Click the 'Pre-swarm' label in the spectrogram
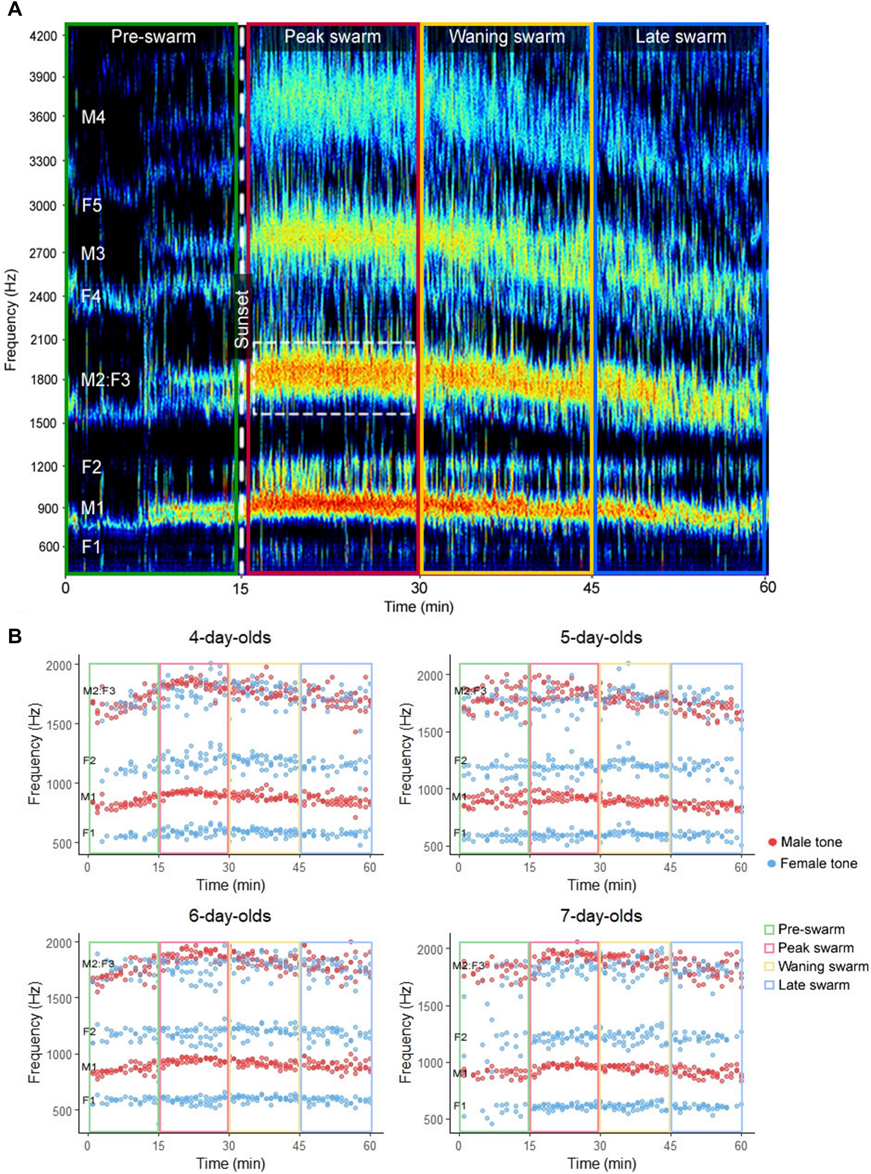point(153,36)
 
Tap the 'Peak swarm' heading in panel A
point(332,36)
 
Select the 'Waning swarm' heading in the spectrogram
point(507,36)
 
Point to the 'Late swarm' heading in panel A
point(680,36)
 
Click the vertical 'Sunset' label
point(242,318)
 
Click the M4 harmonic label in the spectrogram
point(93,117)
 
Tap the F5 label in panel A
point(92,205)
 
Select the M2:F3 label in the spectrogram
point(105,380)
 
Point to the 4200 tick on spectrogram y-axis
point(43,36)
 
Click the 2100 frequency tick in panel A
point(43,340)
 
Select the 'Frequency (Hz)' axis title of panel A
point(10,320)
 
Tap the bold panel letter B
point(14,636)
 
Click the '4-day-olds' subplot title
point(230,637)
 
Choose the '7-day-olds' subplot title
point(601,916)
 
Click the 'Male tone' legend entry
point(811,842)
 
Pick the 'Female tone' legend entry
point(818,863)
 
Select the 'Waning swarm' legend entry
point(822,966)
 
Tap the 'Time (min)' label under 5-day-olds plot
point(601,885)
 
